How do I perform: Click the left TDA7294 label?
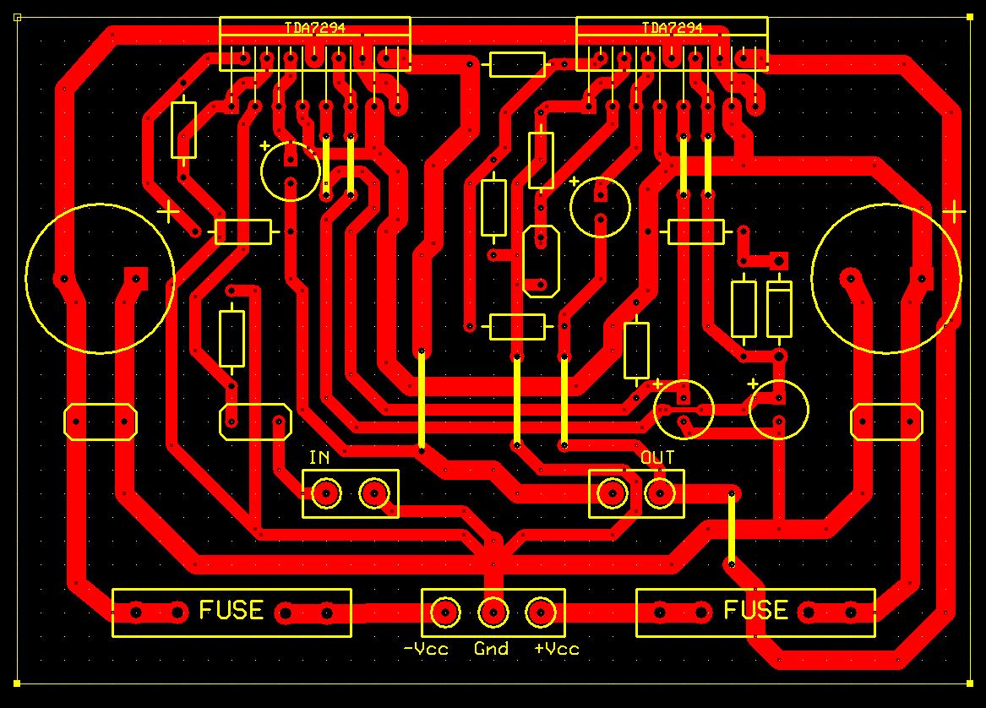tap(315, 28)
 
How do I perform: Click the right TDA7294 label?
tap(673, 28)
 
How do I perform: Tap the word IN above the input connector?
tap(319, 457)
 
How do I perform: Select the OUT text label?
tap(657, 457)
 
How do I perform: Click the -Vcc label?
tap(426, 649)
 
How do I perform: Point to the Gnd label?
tap(491, 649)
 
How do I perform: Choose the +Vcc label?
tap(557, 649)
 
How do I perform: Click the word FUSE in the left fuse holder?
tap(232, 610)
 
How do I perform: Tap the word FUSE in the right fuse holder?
tap(756, 610)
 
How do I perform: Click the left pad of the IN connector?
tap(326, 493)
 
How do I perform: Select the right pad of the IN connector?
tap(374, 493)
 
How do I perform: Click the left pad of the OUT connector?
tap(613, 493)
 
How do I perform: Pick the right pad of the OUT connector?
tap(660, 493)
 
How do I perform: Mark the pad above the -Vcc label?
tap(445, 612)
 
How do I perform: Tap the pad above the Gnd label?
tap(493, 612)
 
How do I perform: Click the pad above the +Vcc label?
tap(541, 612)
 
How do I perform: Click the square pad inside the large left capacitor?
tap(136, 277)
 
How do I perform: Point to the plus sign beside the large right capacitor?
tap(954, 212)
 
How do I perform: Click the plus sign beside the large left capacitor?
tap(168, 212)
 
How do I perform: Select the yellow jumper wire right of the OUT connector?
tap(732, 528)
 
